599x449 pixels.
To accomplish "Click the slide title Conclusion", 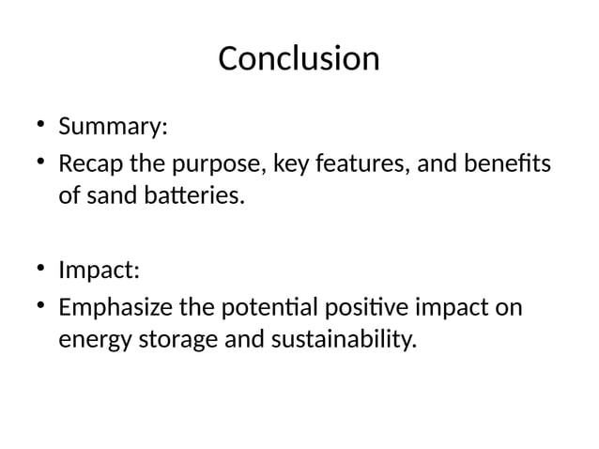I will [x=299, y=58].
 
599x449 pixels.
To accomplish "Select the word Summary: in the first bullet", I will [x=106, y=126].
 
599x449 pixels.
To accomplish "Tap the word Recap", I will [x=92, y=165].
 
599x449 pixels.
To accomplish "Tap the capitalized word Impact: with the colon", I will [x=99, y=271].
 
